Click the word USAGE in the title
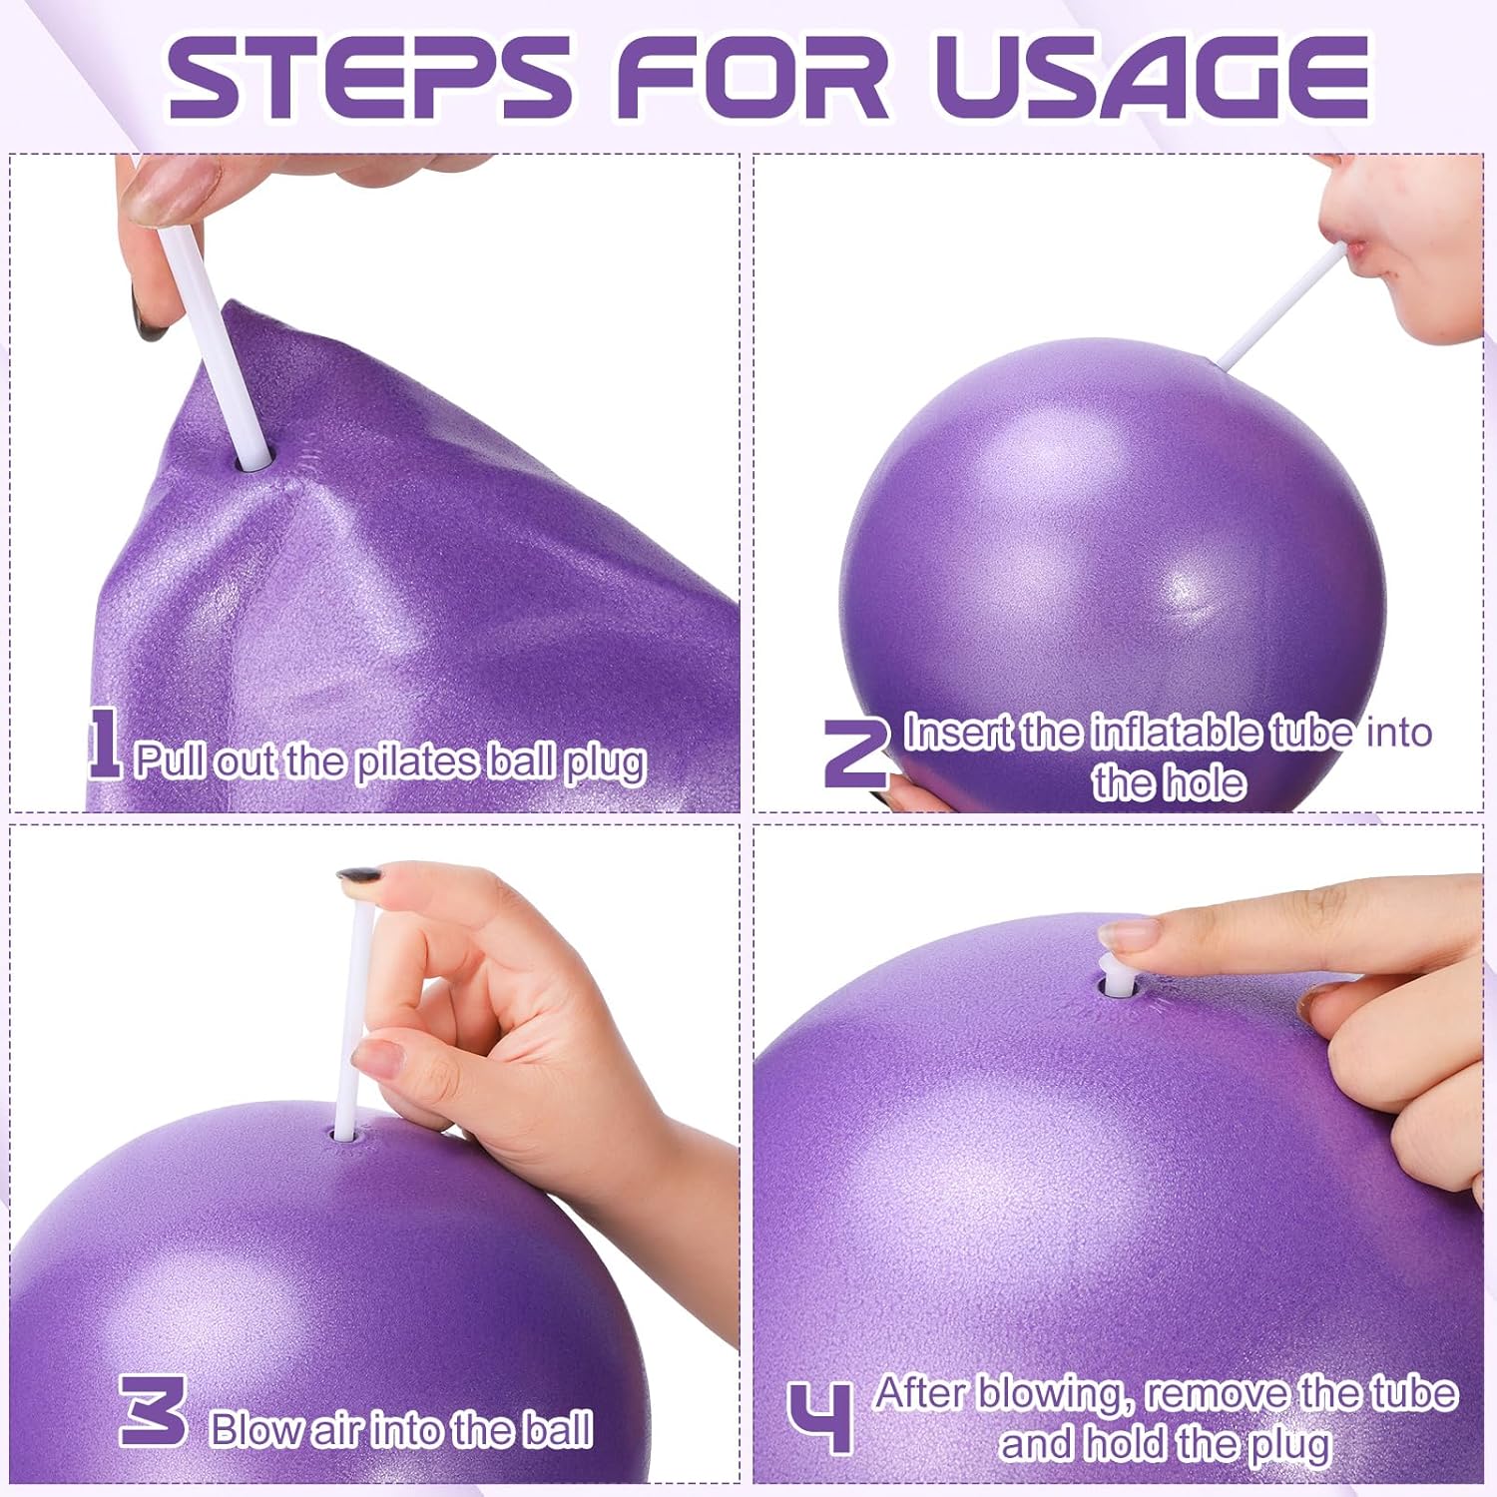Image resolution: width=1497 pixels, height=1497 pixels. click(1153, 77)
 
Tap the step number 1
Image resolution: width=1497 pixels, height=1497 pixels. click(103, 744)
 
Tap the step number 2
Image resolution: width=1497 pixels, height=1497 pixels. click(855, 753)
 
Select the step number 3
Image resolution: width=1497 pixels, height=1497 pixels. click(153, 1409)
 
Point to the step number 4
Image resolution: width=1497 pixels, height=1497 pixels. click(820, 1417)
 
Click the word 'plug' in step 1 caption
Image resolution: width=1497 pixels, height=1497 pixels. click(606, 763)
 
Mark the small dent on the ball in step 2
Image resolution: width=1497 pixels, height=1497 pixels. click(1185, 594)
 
